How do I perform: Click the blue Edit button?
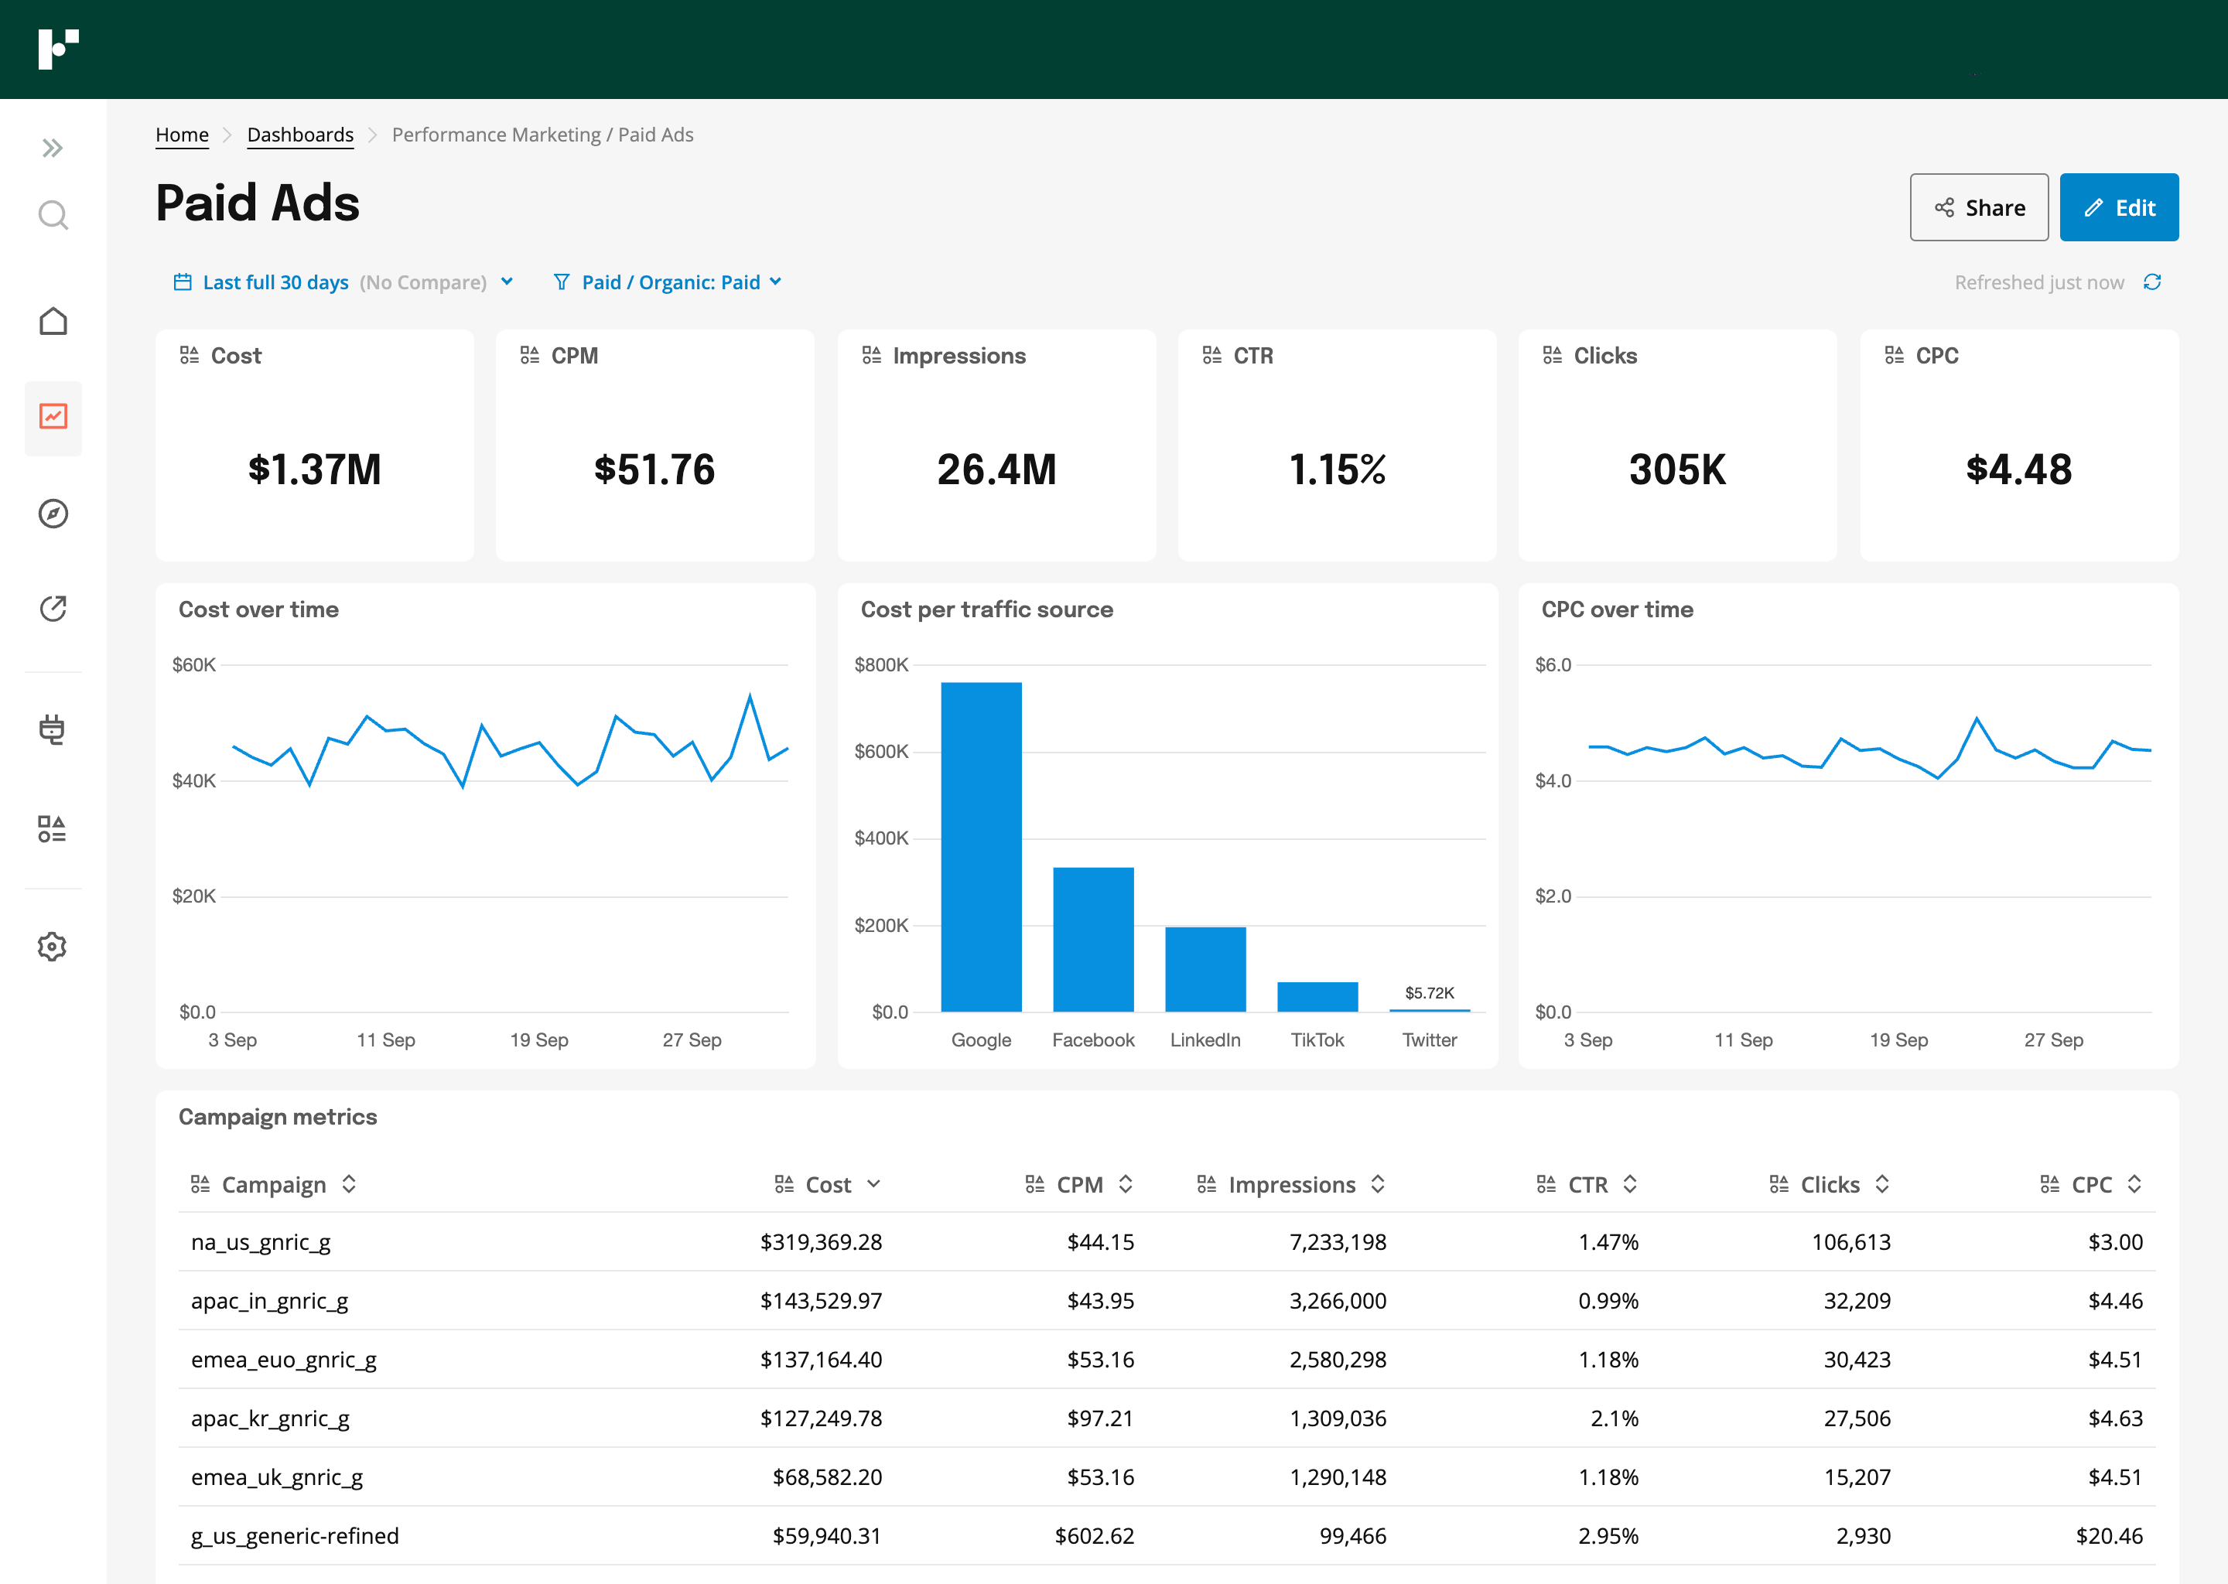(x=2118, y=208)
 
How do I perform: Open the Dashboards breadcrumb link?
(x=299, y=135)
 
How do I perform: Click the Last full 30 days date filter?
(x=275, y=282)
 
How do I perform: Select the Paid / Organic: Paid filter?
(x=669, y=282)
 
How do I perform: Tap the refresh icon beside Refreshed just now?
(x=2152, y=282)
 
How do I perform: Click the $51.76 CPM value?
(x=654, y=469)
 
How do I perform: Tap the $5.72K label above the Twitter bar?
(x=1429, y=993)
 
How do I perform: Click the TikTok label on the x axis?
(x=1317, y=1039)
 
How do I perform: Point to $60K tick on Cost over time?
(x=193, y=665)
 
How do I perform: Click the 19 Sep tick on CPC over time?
(x=1898, y=1039)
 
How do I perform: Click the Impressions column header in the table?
(x=1290, y=1184)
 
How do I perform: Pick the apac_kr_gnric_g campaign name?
(x=270, y=1418)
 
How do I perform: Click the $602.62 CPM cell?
(x=1094, y=1535)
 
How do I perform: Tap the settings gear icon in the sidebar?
(x=53, y=946)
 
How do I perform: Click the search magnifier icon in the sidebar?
(x=53, y=214)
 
